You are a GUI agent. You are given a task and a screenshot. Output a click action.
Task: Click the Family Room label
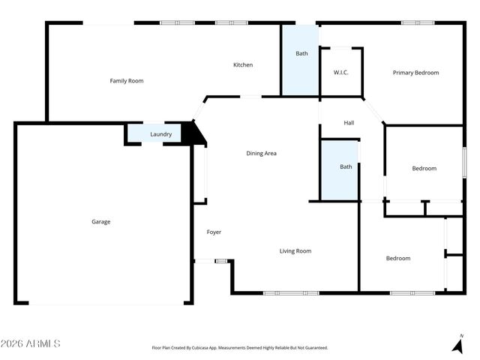pos(127,81)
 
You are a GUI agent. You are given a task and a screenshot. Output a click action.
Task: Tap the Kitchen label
pos(243,65)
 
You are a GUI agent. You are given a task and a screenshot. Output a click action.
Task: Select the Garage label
pos(101,222)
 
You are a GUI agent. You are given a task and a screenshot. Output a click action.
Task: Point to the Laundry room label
pos(161,135)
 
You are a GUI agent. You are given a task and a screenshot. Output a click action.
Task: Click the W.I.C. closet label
pos(342,73)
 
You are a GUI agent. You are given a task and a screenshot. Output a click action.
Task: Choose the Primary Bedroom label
pos(415,73)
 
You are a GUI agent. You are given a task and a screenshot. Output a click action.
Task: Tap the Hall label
pos(349,123)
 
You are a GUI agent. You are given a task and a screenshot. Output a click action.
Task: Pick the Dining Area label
pos(262,154)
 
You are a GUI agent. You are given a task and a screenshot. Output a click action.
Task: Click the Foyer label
pos(214,232)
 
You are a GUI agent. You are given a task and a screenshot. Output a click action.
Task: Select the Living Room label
pos(295,251)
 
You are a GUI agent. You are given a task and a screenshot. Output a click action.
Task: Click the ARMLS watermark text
pos(31,343)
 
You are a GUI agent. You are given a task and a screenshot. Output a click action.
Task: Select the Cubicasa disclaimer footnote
pos(240,348)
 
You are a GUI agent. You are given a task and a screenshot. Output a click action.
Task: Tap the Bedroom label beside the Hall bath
pos(424,169)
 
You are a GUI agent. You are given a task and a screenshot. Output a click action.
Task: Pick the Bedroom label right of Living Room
pos(398,259)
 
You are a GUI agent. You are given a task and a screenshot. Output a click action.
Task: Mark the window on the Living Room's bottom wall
pos(282,292)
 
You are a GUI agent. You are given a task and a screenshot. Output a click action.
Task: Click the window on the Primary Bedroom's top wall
pos(418,22)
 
